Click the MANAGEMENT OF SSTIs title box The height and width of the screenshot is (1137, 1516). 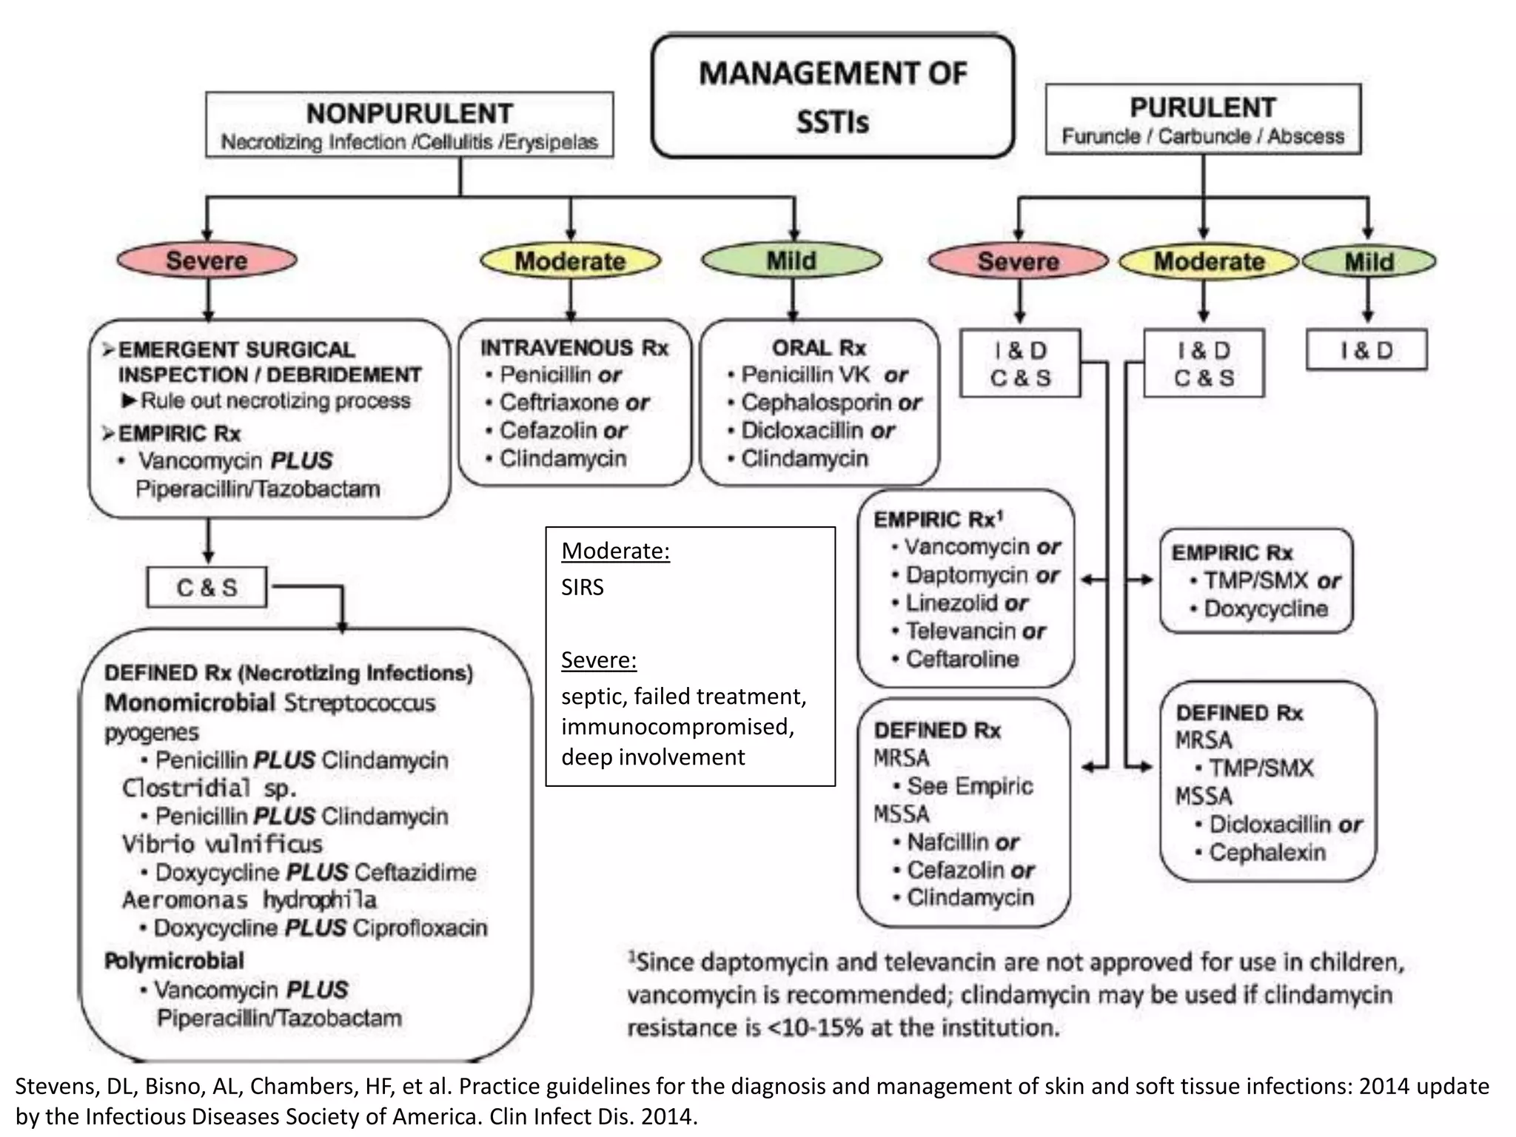(833, 96)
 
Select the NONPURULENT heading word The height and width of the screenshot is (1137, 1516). (409, 113)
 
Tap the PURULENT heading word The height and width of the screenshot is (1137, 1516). (1203, 107)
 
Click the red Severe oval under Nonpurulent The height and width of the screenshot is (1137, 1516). (207, 261)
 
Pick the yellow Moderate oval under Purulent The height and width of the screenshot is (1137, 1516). (1209, 261)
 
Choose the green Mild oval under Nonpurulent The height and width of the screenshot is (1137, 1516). (791, 261)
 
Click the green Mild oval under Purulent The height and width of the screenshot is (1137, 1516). (1369, 261)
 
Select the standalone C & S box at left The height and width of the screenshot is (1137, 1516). (207, 588)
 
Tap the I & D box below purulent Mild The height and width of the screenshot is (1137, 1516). (1366, 350)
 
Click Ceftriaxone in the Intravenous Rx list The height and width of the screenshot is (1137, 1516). (560, 403)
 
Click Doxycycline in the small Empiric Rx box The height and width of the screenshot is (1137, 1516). (1266, 608)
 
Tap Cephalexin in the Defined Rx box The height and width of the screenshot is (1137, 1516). (1267, 852)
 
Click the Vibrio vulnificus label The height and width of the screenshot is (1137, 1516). (222, 844)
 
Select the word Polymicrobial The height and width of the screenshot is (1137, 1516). (174, 961)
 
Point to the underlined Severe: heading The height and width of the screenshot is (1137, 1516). (598, 660)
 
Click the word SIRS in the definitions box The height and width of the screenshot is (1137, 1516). (583, 587)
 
